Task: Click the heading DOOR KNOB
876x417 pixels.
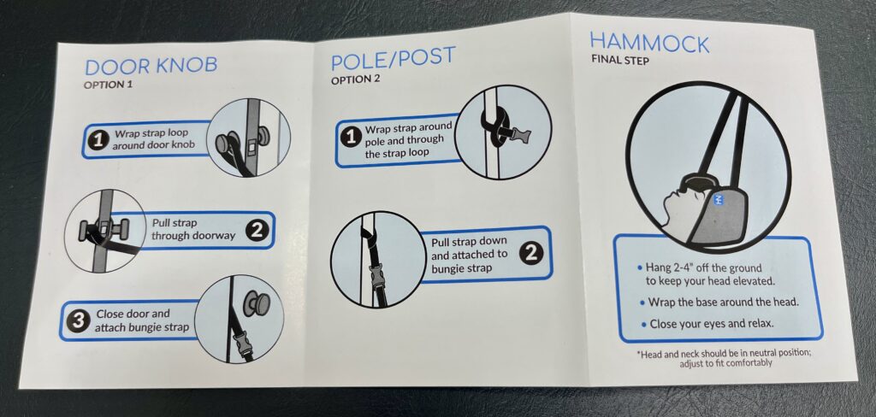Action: [151, 66]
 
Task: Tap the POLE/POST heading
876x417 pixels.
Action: [394, 59]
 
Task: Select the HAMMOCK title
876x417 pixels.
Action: [649, 43]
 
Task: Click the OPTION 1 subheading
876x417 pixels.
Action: [109, 85]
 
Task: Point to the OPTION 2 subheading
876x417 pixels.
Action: [355, 79]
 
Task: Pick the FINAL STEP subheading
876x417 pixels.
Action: [620, 61]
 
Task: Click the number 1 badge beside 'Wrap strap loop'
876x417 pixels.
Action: [98, 141]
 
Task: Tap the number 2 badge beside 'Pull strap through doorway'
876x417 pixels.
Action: [257, 230]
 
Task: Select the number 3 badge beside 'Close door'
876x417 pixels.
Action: [78, 321]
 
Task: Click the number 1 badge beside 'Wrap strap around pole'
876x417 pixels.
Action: [351, 138]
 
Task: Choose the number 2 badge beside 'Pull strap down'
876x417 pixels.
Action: [530, 254]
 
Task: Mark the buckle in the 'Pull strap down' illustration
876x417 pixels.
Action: [377, 276]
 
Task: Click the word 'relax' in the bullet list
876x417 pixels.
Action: [761, 324]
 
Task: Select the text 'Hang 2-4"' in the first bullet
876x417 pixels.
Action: [669, 268]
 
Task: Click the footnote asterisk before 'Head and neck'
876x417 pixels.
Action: [639, 354]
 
